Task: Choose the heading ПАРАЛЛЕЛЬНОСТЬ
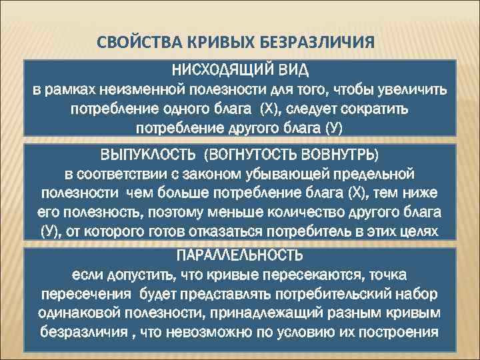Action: [x=239, y=255]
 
